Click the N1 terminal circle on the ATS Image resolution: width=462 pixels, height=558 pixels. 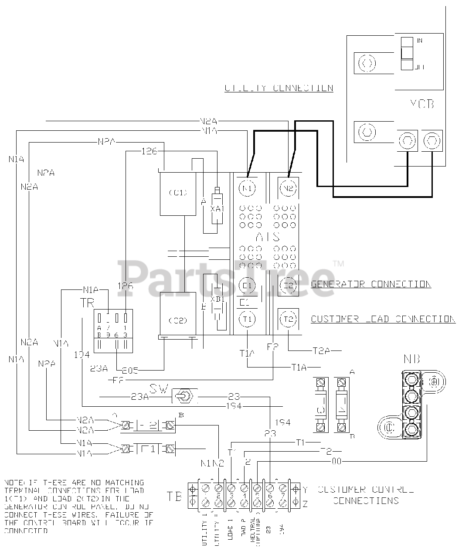[x=248, y=188]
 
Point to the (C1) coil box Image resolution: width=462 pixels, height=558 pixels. [x=178, y=192]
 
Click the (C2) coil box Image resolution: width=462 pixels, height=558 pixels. [x=178, y=320]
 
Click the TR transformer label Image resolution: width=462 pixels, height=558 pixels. [x=87, y=303]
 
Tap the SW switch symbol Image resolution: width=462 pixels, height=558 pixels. [x=185, y=396]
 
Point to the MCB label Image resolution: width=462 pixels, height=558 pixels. [x=421, y=105]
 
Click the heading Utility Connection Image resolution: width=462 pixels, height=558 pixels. [x=279, y=88]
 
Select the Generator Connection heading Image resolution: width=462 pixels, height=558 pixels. [x=371, y=284]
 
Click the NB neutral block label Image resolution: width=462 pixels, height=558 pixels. [x=412, y=360]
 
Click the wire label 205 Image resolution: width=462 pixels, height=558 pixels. [x=130, y=371]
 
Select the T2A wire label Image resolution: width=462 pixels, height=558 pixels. [x=322, y=350]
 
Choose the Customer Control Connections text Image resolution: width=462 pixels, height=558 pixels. [x=366, y=495]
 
